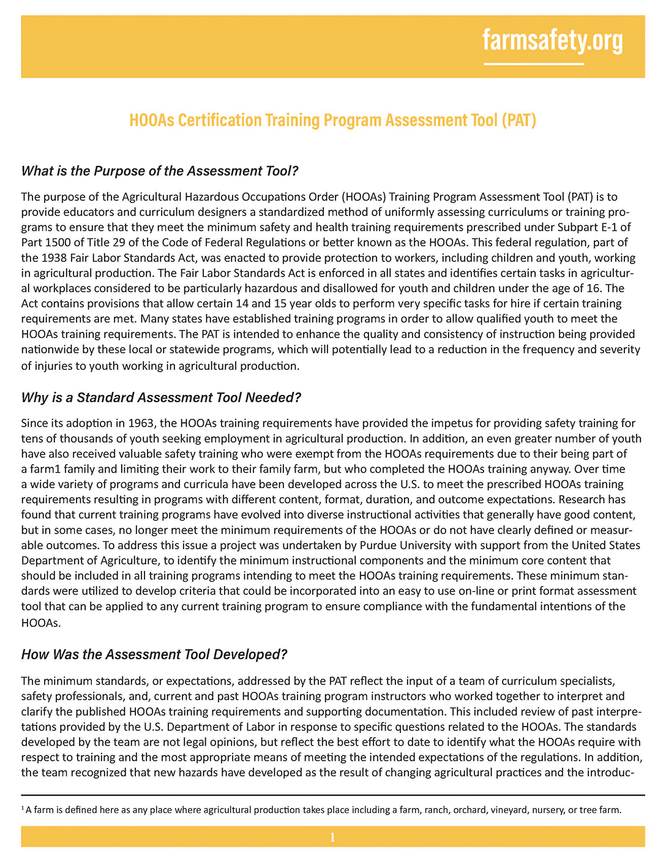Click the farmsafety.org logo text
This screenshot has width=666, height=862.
552,40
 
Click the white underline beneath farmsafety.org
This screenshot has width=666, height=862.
534,64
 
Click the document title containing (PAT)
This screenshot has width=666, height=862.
332,119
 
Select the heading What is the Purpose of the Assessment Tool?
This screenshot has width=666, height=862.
159,171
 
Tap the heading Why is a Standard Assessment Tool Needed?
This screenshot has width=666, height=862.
161,397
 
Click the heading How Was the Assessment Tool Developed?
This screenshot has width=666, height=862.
154,654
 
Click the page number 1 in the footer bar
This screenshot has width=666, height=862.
332,837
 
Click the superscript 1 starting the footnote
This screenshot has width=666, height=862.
23,808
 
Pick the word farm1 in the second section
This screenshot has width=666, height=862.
43,468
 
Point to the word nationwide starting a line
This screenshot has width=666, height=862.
48,350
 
